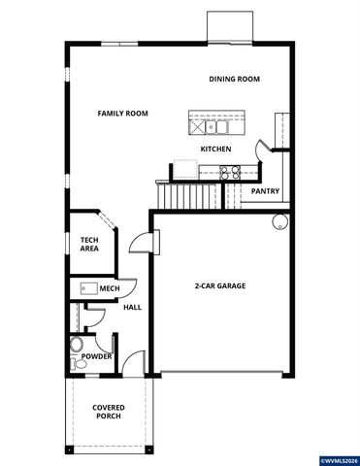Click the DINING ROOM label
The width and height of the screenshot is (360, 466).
pyautogui.click(x=235, y=79)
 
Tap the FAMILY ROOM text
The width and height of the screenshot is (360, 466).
pyautogui.click(x=122, y=114)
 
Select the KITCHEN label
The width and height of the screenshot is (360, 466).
pyautogui.click(x=214, y=149)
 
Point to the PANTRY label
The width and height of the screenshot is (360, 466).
pyautogui.click(x=265, y=191)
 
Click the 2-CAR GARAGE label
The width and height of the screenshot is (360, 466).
pyautogui.click(x=219, y=285)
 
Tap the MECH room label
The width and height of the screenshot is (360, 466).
pyautogui.click(x=109, y=288)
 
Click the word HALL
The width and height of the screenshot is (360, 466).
pyautogui.click(x=133, y=308)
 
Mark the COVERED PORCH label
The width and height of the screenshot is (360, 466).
pyautogui.click(x=107, y=413)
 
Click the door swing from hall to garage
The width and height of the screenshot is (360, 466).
pyautogui.click(x=143, y=243)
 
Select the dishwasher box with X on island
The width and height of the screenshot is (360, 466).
pyautogui.click(x=199, y=125)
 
